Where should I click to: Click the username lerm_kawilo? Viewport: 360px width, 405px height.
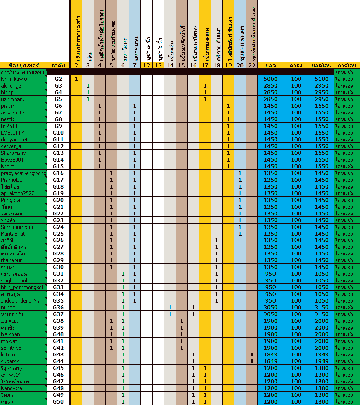(14, 79)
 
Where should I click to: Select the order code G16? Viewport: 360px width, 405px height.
(59, 173)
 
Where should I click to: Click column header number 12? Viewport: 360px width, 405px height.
(146, 66)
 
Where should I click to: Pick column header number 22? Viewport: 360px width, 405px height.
(252, 66)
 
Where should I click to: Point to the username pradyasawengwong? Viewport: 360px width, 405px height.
(23, 173)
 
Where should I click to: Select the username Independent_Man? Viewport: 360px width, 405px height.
(22, 301)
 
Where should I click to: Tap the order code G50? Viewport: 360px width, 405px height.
(59, 402)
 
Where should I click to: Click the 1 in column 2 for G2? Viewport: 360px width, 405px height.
(76, 79)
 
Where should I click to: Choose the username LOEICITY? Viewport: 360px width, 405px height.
(13, 133)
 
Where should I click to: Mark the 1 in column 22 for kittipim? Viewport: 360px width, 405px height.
(252, 355)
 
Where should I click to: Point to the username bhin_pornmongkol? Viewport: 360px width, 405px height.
(22, 287)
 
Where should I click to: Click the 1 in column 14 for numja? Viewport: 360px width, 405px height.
(170, 308)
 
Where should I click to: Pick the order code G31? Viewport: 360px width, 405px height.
(59, 274)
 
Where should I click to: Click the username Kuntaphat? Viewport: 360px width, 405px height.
(13, 234)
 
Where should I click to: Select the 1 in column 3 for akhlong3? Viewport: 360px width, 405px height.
(88, 86)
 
